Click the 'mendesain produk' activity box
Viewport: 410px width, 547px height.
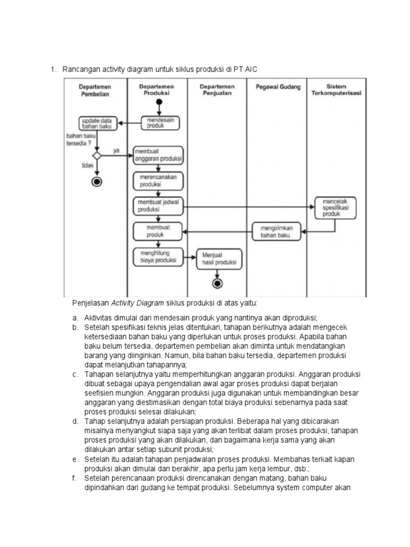[x=161, y=123]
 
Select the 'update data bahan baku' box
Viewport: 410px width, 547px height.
[x=97, y=123]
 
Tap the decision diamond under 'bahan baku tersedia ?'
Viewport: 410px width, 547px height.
[x=97, y=155]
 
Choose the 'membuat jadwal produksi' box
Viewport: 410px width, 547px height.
[x=158, y=206]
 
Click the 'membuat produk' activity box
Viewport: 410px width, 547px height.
[x=158, y=231]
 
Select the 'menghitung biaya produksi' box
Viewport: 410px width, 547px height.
[x=158, y=257]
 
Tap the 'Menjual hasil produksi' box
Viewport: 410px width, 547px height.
[x=219, y=259]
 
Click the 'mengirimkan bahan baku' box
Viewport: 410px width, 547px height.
[x=277, y=231]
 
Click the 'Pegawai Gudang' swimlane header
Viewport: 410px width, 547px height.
[x=278, y=87]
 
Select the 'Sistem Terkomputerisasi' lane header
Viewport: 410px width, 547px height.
[x=336, y=89]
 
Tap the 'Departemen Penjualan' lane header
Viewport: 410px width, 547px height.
[x=217, y=89]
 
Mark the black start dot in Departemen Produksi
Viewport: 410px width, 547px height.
[x=160, y=103]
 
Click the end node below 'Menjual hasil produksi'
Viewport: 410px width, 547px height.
[x=217, y=283]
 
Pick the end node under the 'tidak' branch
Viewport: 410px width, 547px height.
[x=97, y=181]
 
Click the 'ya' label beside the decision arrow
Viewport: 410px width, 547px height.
[x=116, y=151]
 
